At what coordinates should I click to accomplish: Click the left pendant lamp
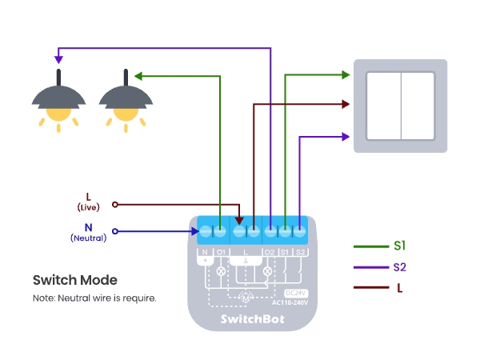(x=58, y=100)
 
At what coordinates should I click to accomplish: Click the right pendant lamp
(x=125, y=100)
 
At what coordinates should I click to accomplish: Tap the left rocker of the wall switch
(x=382, y=106)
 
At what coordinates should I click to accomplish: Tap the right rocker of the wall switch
(x=418, y=106)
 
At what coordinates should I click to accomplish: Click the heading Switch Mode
(x=74, y=280)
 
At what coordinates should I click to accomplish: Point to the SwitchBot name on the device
(x=252, y=318)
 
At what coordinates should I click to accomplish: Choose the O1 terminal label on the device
(x=220, y=253)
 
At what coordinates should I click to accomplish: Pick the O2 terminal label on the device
(x=270, y=253)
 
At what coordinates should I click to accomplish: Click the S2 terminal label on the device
(x=300, y=253)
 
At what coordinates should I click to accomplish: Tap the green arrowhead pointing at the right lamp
(x=138, y=76)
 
